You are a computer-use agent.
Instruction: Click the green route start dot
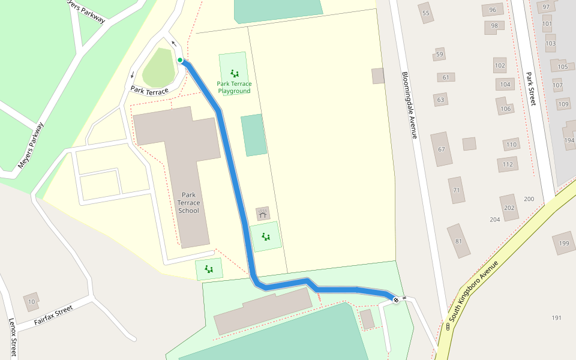pos(180,60)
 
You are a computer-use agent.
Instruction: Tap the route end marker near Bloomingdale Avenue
pos(395,299)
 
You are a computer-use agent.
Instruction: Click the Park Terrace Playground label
pos(234,88)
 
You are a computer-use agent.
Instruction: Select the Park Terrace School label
pos(188,203)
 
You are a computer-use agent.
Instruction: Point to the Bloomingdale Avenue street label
pos(409,106)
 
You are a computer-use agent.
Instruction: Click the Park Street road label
pos(530,89)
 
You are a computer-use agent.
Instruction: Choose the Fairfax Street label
pos(53,314)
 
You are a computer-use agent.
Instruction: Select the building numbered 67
pos(442,149)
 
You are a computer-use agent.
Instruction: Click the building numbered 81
pos(459,241)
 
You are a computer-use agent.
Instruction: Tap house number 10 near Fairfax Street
pos(31,301)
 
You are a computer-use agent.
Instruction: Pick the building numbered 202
pos(509,208)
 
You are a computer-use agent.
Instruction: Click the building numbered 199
pos(564,243)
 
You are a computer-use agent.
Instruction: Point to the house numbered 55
pos(426,13)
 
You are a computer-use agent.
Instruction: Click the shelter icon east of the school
pos(263,213)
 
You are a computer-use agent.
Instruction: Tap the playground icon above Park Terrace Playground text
pos(234,73)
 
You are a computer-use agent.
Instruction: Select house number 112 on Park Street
pos(508,164)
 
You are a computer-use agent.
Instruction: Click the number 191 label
pos(556,317)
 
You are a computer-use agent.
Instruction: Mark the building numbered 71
pos(457,190)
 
